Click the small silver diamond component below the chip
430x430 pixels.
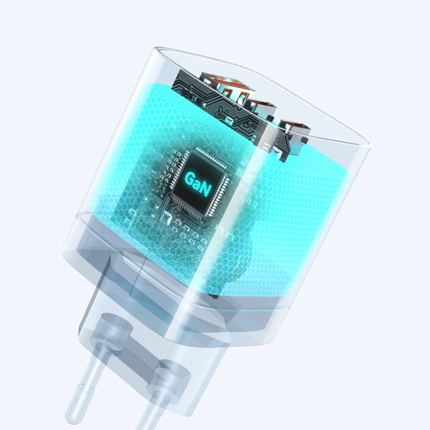pyautogui.click(x=166, y=217)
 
